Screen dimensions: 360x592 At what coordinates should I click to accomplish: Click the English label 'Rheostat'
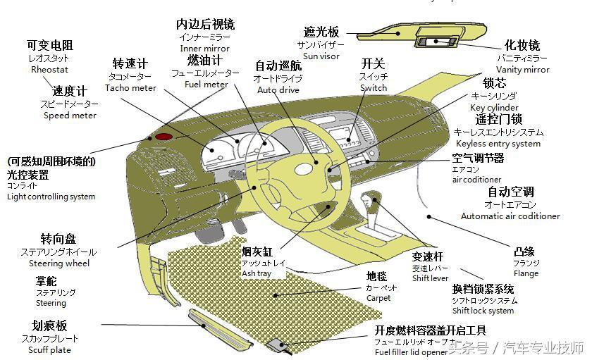point(49,70)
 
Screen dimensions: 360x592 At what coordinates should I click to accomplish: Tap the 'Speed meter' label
point(70,116)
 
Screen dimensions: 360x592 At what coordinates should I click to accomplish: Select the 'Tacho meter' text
point(130,88)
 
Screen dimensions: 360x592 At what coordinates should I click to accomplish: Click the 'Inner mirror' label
point(205,49)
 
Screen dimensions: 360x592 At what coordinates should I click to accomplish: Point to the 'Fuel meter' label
point(206,85)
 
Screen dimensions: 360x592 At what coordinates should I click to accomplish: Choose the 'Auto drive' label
point(278,90)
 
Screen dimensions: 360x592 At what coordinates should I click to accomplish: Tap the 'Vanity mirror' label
point(522,70)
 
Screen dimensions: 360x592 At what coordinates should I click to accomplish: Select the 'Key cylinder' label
point(494,107)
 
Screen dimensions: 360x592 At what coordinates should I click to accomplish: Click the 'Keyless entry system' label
point(498,144)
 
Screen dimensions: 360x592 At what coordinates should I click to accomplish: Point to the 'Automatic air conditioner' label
point(510,216)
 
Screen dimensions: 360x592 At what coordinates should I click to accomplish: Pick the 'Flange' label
point(526,274)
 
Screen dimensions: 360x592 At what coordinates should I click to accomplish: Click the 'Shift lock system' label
point(483,311)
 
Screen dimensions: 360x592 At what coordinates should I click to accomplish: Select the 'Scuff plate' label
point(49,350)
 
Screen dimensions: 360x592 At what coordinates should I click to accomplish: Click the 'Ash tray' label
point(256,273)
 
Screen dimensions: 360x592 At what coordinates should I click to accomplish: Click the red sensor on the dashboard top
point(164,136)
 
